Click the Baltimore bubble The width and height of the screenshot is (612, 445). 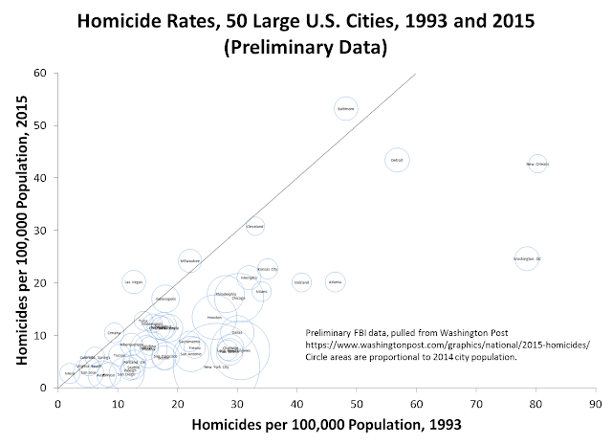pos(345,109)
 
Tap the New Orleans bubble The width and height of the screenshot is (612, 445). pos(537,165)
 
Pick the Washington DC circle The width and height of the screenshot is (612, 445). pos(527,258)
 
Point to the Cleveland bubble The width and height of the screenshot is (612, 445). pos(254,227)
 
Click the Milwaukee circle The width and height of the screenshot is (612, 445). pos(189,259)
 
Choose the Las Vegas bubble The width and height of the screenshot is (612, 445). pos(133,282)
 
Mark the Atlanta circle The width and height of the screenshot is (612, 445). pos(335,281)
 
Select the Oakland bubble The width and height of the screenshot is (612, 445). pos(301,282)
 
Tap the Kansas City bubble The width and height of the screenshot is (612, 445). pos(268,270)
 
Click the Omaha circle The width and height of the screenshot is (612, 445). pos(114,332)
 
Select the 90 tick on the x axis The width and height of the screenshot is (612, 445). pos(596,388)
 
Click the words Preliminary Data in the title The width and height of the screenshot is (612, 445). pos(306,50)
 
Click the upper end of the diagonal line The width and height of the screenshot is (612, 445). pos(415,74)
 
